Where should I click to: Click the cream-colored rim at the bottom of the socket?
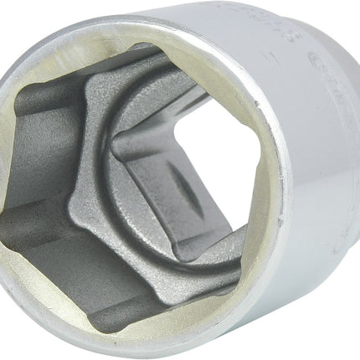click(167, 345)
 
